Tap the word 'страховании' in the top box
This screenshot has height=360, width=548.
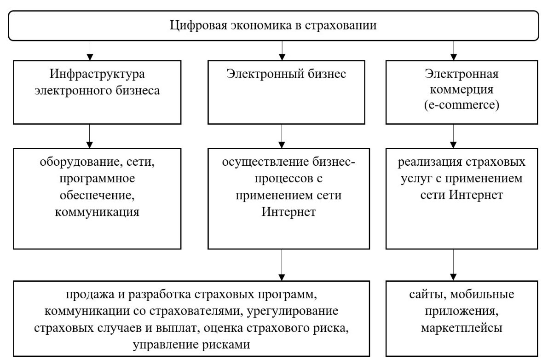[341, 25]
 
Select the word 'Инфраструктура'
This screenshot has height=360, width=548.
[97, 75]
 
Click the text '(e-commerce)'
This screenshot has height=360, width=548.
[461, 105]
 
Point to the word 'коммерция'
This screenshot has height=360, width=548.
[461, 90]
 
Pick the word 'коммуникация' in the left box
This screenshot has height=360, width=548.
[97, 212]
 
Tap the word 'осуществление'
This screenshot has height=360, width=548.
[265, 162]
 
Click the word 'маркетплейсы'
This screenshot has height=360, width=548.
[461, 328]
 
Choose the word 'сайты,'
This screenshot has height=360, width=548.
[428, 295]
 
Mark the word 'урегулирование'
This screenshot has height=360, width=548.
[293, 311]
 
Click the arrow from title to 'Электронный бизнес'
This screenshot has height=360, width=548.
[282, 51]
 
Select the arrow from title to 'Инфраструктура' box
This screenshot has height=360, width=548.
[90, 51]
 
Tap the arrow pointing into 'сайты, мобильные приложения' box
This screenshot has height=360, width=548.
[453, 265]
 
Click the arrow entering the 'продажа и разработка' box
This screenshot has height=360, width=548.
[282, 265]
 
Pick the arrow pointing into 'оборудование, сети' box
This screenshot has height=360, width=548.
[89, 136]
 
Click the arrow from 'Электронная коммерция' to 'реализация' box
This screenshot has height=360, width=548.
[453, 136]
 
